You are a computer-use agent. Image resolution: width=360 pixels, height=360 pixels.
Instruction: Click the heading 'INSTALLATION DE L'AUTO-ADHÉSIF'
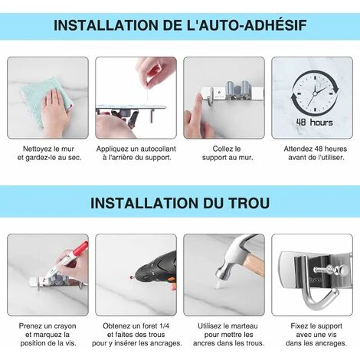coord(180,25)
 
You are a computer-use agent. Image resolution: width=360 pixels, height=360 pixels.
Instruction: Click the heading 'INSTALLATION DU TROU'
coord(180,203)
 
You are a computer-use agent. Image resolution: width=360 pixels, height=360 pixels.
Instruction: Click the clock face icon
coord(315,93)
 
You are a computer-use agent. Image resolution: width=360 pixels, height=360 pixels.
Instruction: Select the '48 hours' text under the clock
coord(315,123)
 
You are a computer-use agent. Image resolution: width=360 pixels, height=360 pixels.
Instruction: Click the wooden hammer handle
coord(254,262)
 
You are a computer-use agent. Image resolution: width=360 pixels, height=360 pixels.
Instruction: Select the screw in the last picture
coord(328,270)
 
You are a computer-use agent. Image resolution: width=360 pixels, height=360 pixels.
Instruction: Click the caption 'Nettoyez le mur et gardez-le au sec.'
coord(49,153)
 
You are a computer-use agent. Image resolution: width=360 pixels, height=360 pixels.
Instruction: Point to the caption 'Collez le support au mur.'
coord(227,153)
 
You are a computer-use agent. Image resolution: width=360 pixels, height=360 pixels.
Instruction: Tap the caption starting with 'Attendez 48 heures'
coord(316,153)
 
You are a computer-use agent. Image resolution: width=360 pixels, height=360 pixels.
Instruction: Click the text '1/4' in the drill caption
coord(164,326)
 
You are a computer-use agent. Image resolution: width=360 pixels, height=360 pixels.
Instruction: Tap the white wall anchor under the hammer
coord(218,286)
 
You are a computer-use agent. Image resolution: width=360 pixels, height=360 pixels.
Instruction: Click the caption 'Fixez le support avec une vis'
coord(316,330)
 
